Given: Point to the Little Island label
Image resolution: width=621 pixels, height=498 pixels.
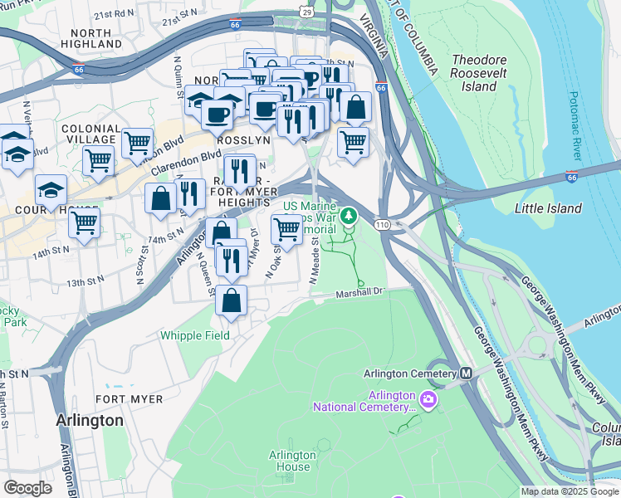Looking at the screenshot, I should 548,208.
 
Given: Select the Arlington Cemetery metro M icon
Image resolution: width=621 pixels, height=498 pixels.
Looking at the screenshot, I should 466,373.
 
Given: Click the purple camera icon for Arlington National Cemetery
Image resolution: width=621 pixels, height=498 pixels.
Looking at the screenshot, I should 428,400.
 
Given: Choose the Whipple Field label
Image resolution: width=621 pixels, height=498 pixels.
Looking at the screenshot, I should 194,336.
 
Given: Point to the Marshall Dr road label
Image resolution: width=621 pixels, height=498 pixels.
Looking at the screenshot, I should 361,293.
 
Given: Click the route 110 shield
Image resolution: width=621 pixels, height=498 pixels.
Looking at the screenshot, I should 382,225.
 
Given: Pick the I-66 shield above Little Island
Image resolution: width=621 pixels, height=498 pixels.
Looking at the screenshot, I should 571,177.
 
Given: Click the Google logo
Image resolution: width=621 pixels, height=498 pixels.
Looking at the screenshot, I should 27,487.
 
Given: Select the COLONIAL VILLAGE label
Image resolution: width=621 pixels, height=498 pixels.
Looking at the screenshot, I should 91,134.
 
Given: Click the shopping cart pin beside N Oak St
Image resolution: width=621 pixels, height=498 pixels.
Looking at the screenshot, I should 286,229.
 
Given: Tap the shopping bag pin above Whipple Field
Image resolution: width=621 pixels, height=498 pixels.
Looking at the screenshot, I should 232,300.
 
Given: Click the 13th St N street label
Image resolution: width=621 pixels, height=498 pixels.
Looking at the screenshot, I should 86,282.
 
